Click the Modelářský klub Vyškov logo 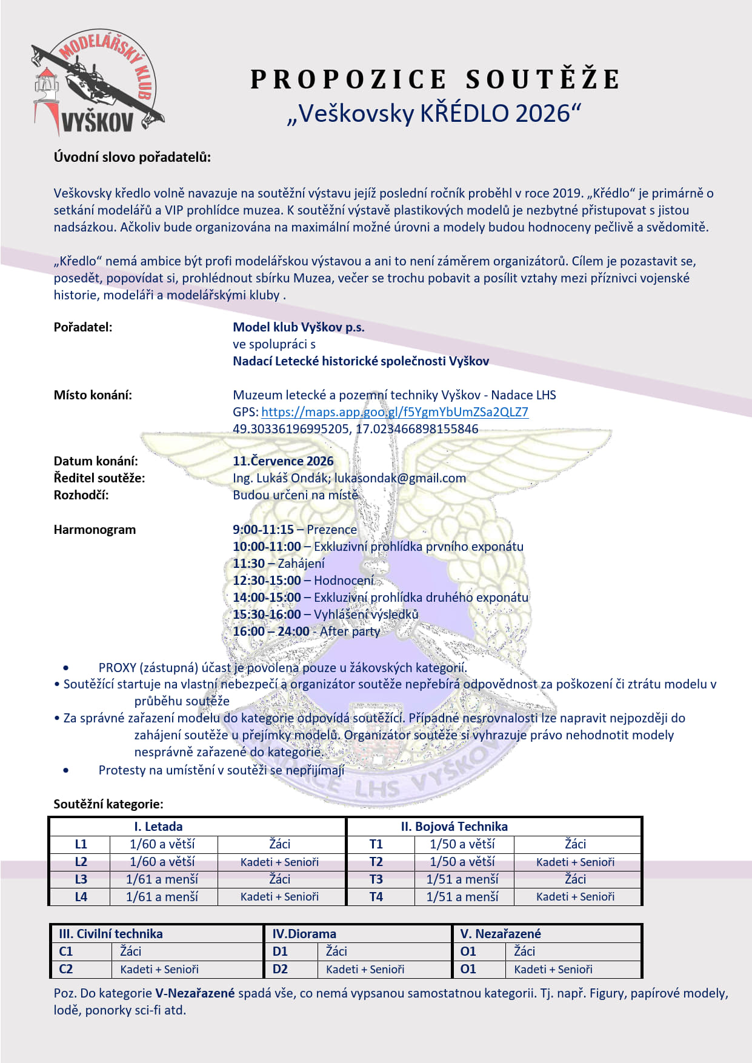click(97, 83)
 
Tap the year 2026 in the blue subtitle click(544, 113)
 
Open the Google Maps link click(394, 412)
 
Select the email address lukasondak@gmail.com click(400, 478)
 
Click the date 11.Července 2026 click(283, 461)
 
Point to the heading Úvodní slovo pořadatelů click(132, 158)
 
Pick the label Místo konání click(93, 395)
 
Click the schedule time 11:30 click(248, 564)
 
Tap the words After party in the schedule click(350, 631)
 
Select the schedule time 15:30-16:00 click(267, 615)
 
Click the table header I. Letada click(158, 827)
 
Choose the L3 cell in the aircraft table click(81, 879)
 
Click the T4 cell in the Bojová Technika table click(376, 897)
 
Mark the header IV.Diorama click(304, 934)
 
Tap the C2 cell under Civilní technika click(65, 969)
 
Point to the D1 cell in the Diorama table click(280, 951)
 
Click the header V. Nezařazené click(500, 934)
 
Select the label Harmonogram click(95, 530)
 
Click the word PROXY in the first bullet click(117, 668)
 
